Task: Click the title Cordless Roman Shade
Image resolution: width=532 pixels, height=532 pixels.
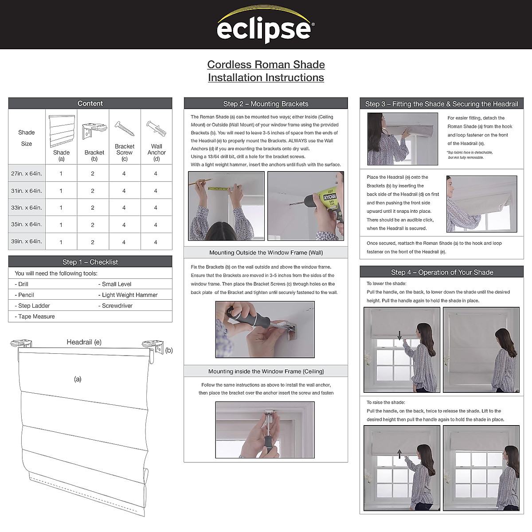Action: tap(266, 65)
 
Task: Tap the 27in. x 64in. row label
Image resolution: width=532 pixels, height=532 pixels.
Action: tap(27, 173)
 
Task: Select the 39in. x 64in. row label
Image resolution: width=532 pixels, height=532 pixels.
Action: tap(27, 242)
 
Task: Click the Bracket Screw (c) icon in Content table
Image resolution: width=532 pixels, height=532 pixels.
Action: tap(125, 129)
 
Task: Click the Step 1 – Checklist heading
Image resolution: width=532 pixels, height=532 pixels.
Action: tap(90, 262)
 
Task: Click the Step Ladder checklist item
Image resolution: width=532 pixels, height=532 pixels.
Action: tap(34, 306)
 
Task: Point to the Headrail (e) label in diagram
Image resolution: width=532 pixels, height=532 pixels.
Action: tap(84, 342)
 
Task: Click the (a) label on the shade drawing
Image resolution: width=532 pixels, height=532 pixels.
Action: tap(78, 379)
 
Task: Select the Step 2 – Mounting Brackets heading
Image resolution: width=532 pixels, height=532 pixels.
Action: tap(266, 104)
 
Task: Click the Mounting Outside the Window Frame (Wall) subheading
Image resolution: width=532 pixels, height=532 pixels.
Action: tap(266, 253)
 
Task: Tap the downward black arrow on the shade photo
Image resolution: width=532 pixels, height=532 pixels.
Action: tap(399, 336)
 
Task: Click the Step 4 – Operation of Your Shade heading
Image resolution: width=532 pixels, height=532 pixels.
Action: tap(442, 272)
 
